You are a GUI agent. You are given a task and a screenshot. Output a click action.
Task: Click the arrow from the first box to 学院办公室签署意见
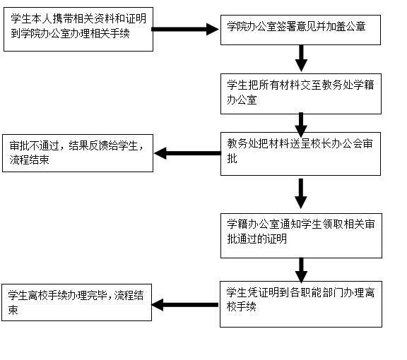185,29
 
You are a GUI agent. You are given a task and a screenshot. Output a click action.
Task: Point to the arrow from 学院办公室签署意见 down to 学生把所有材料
301,59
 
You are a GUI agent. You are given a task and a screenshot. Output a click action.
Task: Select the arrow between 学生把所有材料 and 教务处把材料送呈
301,125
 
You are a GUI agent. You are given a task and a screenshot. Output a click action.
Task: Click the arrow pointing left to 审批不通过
187,153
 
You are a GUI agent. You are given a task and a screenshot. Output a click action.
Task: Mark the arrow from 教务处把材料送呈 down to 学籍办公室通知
301,193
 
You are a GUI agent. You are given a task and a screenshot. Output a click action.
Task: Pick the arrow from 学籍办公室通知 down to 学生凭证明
301,270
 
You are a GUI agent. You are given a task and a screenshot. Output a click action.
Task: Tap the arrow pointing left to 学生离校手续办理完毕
185,305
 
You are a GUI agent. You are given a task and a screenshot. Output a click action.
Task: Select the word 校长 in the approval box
321,143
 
